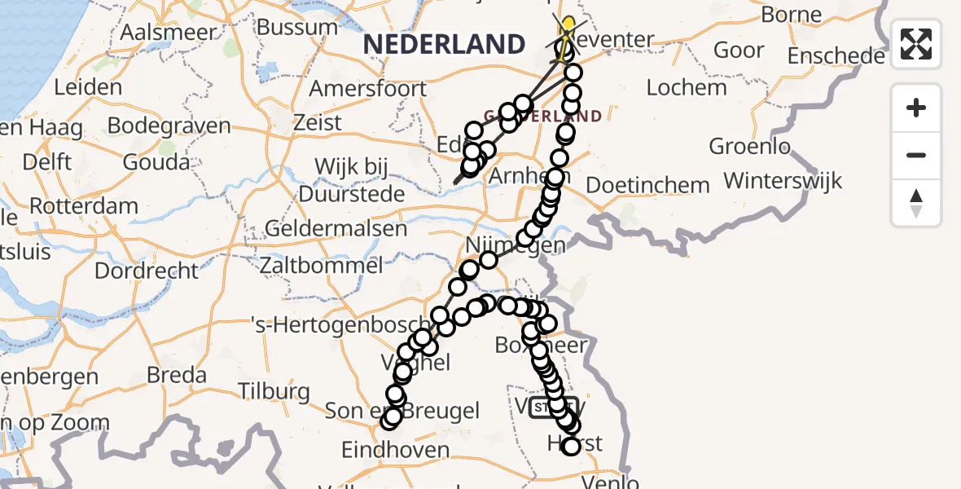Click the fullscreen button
[x=916, y=44]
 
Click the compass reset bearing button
[x=916, y=203]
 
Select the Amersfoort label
[x=368, y=88]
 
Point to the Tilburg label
[x=275, y=390]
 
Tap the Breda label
[x=177, y=375]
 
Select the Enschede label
[x=836, y=56]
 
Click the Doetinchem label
[x=647, y=185]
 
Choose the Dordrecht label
[x=147, y=270]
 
